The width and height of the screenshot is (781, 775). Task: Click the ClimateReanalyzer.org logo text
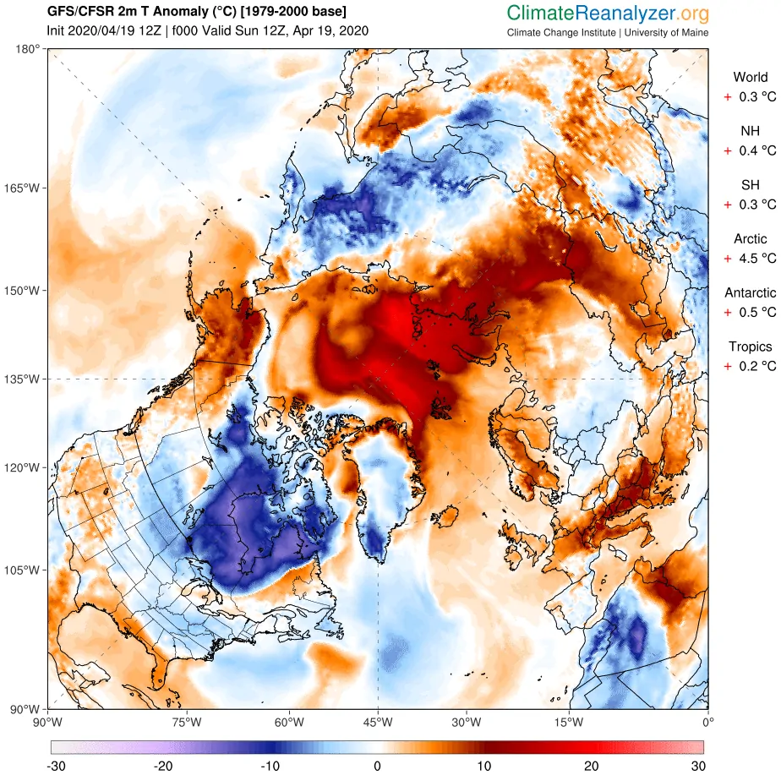click(608, 13)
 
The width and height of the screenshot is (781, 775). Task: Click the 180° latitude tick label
click(27, 49)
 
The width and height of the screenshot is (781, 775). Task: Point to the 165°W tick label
click(23, 187)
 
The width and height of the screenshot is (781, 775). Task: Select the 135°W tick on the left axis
click(23, 379)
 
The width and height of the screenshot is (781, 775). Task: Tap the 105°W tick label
click(23, 570)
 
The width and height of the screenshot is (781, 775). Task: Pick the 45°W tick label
click(377, 723)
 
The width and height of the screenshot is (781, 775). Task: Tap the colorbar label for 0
click(377, 766)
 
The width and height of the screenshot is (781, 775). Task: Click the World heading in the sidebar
click(751, 78)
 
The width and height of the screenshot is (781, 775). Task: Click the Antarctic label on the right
click(750, 292)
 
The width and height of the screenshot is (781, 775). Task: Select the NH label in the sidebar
click(750, 131)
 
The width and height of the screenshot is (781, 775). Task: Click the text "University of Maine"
click(667, 33)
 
